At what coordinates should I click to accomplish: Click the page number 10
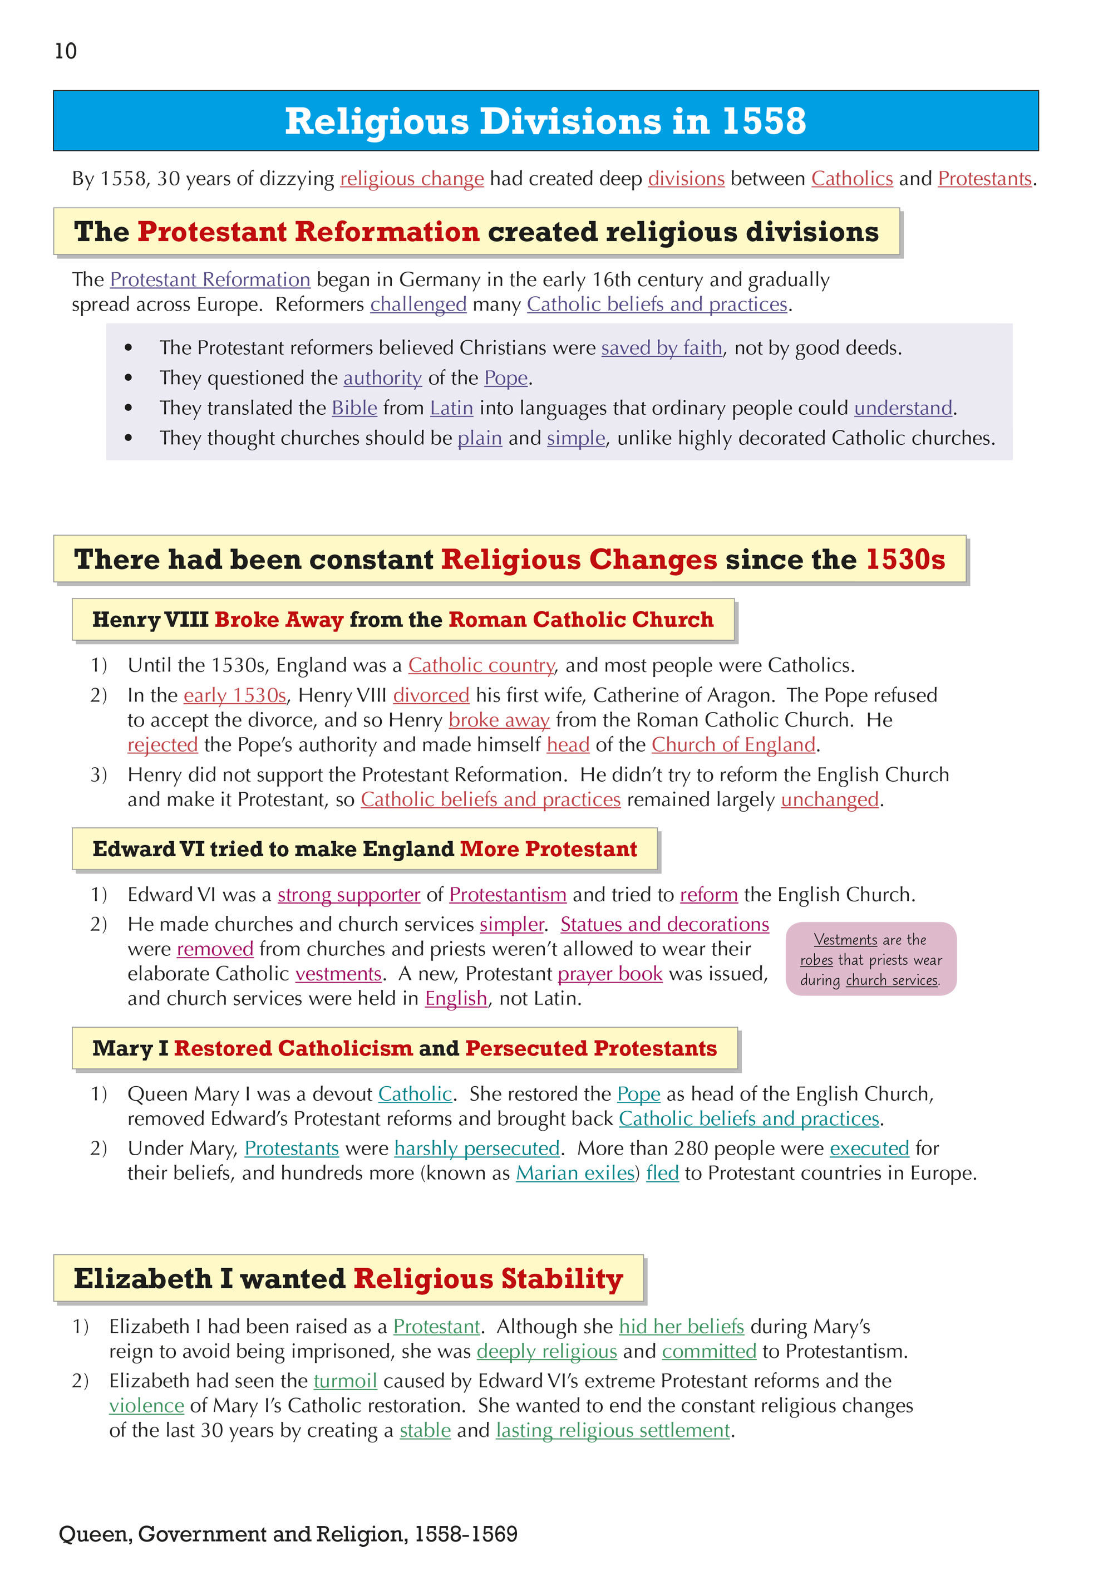coord(66,51)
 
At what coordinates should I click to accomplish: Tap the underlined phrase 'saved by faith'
coord(662,348)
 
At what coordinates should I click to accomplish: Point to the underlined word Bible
coord(354,408)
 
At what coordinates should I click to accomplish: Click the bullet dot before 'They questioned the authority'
coord(128,378)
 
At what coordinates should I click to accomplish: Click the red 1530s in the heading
coord(905,560)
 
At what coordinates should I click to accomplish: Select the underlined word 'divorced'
coord(431,695)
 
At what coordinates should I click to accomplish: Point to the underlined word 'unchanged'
coord(830,800)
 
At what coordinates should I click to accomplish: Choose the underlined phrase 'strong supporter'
coord(348,895)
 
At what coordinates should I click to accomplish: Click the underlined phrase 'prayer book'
coord(610,974)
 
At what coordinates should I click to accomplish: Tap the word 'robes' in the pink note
coord(816,960)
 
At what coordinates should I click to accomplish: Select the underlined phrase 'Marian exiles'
coord(575,1173)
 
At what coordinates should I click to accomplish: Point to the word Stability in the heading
coord(562,1279)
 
